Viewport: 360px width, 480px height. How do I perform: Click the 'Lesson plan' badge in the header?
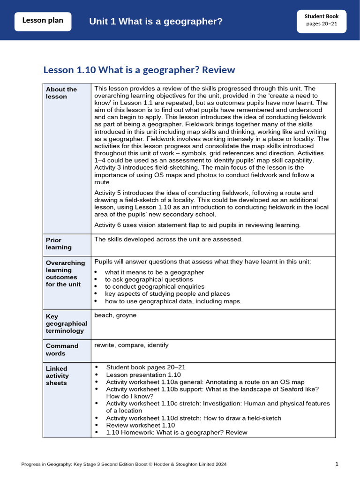(43, 22)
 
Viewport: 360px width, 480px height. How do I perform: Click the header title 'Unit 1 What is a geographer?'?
(156, 22)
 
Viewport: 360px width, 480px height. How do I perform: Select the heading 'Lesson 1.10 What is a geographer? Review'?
(139, 70)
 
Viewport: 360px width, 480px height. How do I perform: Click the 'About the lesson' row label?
(61, 93)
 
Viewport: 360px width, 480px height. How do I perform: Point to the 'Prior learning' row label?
(59, 243)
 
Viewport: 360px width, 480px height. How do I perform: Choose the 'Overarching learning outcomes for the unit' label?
(66, 273)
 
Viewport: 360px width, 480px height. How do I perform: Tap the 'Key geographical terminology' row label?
(67, 323)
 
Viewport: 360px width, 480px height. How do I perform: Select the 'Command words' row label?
(62, 349)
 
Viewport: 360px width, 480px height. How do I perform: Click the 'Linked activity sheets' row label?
(58, 375)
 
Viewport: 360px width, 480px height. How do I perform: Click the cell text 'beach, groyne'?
(115, 315)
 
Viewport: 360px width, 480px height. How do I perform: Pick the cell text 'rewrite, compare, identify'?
(131, 345)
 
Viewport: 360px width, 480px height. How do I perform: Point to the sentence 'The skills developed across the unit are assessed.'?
(168, 240)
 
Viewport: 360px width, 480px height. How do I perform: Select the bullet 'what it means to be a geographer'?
(154, 272)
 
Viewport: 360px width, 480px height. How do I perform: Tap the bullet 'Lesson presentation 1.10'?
(143, 375)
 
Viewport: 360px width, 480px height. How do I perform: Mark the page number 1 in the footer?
(337, 464)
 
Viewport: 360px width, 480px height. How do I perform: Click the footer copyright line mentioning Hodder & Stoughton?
(124, 465)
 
